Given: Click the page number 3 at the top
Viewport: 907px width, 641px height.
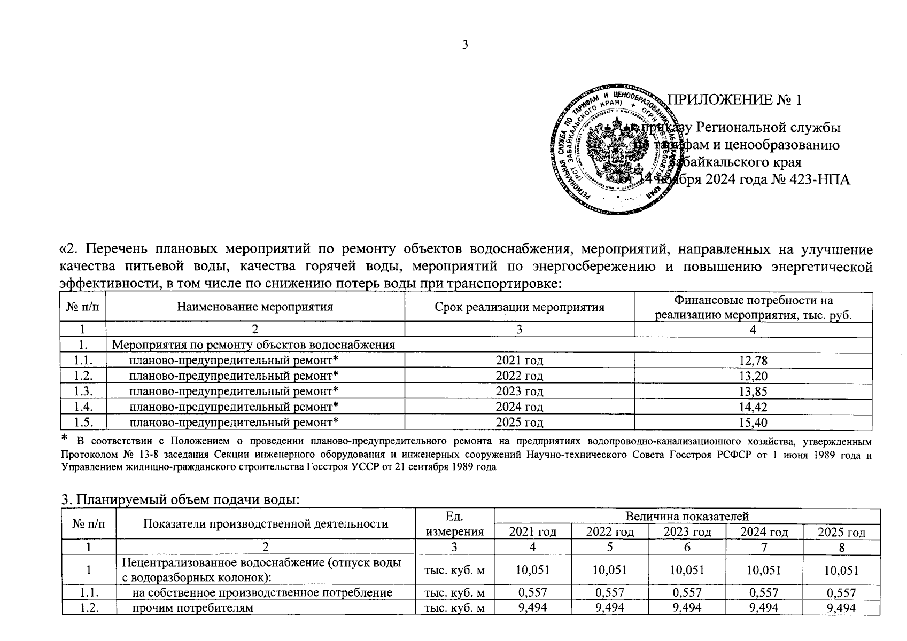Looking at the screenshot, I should pyautogui.click(x=464, y=44).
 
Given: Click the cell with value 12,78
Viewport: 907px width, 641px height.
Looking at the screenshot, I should pyautogui.click(x=753, y=361).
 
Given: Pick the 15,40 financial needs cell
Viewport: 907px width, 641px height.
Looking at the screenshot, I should pyautogui.click(x=753, y=423).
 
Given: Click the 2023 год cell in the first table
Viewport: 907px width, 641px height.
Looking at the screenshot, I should pyautogui.click(x=519, y=392).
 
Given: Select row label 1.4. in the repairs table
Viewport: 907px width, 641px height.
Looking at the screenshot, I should pyautogui.click(x=83, y=407).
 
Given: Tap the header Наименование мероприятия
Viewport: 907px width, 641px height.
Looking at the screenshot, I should pyautogui.click(x=254, y=307).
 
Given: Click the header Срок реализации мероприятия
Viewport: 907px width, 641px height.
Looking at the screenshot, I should pyautogui.click(x=519, y=307).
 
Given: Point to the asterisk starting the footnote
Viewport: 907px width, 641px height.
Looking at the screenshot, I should pyautogui.click(x=65, y=439).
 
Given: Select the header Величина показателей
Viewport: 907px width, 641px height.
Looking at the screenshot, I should pyautogui.click(x=687, y=516).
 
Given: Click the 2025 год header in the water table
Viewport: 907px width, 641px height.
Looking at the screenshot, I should pyautogui.click(x=841, y=532).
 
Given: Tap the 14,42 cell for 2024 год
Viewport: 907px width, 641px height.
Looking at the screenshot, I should pyautogui.click(x=753, y=407).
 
